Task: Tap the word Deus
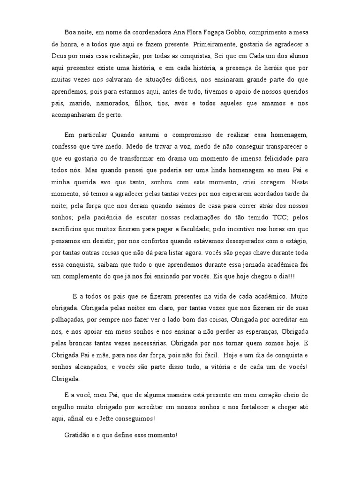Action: click(59, 56)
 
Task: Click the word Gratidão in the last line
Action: click(79, 435)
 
